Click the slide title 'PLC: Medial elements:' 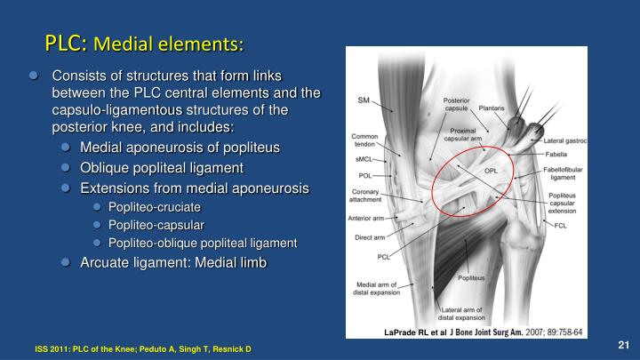tap(144, 42)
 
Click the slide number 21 tap(623, 344)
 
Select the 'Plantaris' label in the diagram tap(492, 108)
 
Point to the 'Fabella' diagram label tap(557, 154)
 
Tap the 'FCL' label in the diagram tap(560, 225)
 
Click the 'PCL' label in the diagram tap(384, 256)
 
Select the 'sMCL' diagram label tap(364, 162)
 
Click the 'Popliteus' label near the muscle tap(471, 278)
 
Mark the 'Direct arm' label tap(369, 238)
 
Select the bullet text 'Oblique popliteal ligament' tap(161, 167)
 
